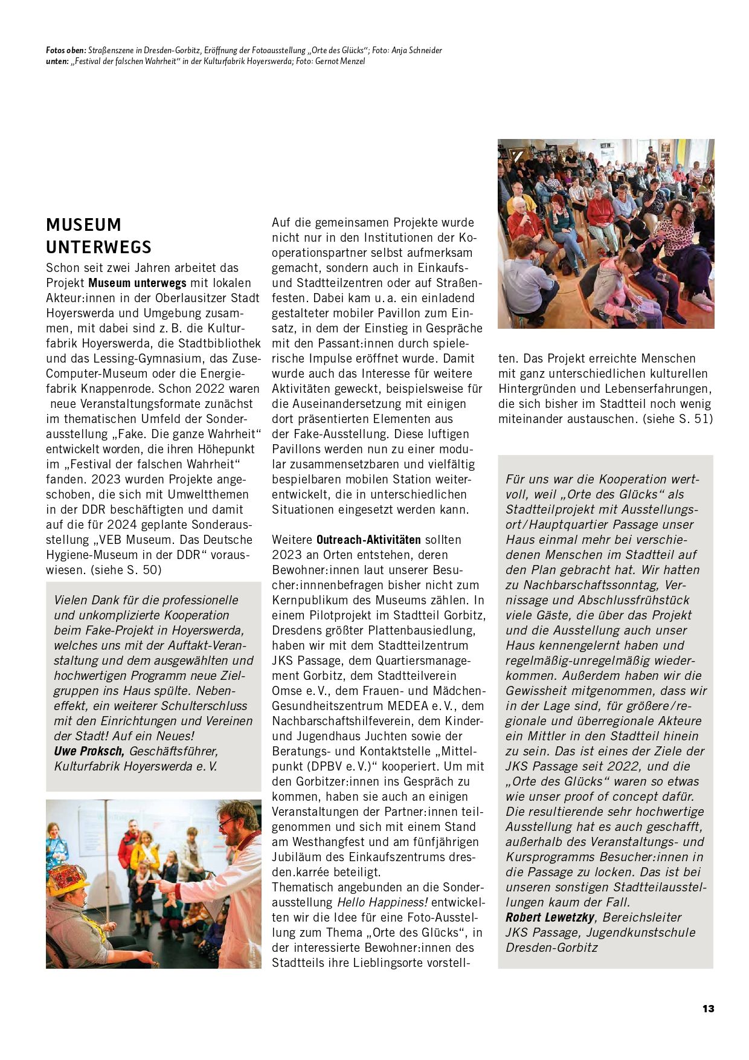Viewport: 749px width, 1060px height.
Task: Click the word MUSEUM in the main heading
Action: tap(83, 225)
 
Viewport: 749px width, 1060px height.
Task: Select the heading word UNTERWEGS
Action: tap(98, 247)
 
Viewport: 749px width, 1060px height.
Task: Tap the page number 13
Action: tap(708, 1009)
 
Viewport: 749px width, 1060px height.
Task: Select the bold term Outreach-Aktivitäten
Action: tap(368, 540)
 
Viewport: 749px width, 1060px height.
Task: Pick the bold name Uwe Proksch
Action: tap(89, 751)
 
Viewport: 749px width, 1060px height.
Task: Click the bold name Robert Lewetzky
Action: tap(550, 917)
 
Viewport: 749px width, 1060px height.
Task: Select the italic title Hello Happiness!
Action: tap(382, 902)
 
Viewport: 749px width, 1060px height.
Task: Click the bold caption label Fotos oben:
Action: tap(66, 51)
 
